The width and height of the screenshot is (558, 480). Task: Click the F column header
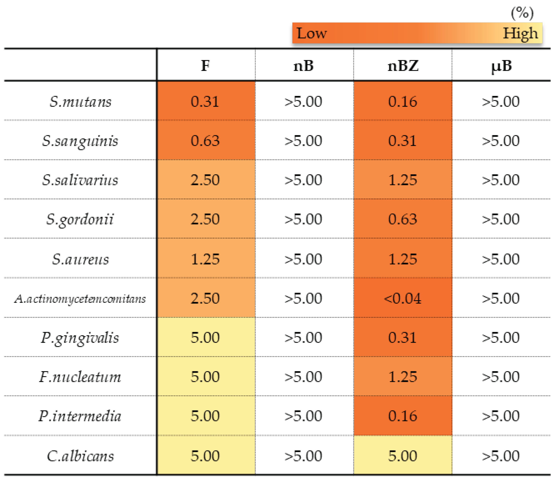[x=205, y=66]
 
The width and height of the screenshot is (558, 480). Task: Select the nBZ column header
[x=403, y=66]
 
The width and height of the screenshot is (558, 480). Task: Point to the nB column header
[x=304, y=66]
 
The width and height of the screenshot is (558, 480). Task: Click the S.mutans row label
[x=80, y=102]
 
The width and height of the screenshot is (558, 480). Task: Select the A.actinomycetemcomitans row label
[x=80, y=299]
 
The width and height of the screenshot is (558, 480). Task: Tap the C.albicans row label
[x=80, y=456]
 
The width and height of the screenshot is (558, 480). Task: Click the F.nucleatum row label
[x=80, y=377]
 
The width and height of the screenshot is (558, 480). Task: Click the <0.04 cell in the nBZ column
[x=402, y=298]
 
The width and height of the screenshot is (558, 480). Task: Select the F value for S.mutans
[x=205, y=102]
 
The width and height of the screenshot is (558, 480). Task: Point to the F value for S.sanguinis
[x=205, y=141]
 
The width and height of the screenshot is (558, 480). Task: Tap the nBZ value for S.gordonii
[x=402, y=219]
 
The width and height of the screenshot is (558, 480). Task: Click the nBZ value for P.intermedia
[x=402, y=416]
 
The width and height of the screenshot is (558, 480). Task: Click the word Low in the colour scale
[x=312, y=33]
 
